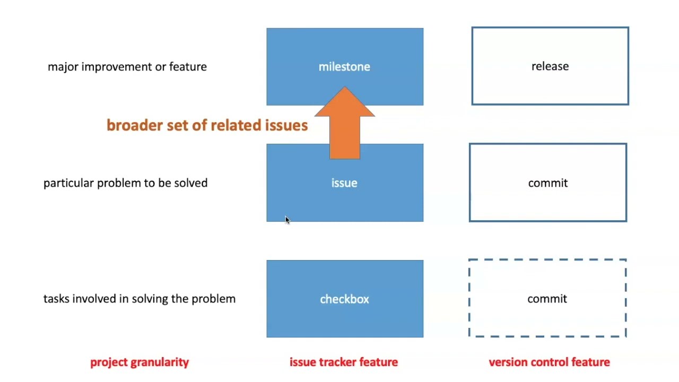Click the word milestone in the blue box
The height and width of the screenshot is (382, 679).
tap(344, 67)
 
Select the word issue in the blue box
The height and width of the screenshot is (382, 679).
tap(344, 183)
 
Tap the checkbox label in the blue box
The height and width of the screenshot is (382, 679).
tap(344, 299)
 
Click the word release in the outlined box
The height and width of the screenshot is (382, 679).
tap(550, 66)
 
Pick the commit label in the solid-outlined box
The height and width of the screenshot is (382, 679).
tap(548, 183)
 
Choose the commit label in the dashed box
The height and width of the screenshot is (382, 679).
tap(547, 299)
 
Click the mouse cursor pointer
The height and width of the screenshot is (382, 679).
tap(287, 220)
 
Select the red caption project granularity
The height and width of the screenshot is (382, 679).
tap(140, 362)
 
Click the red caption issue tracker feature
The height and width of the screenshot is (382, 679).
tap(344, 362)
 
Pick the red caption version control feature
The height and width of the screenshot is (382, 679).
tap(549, 362)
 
